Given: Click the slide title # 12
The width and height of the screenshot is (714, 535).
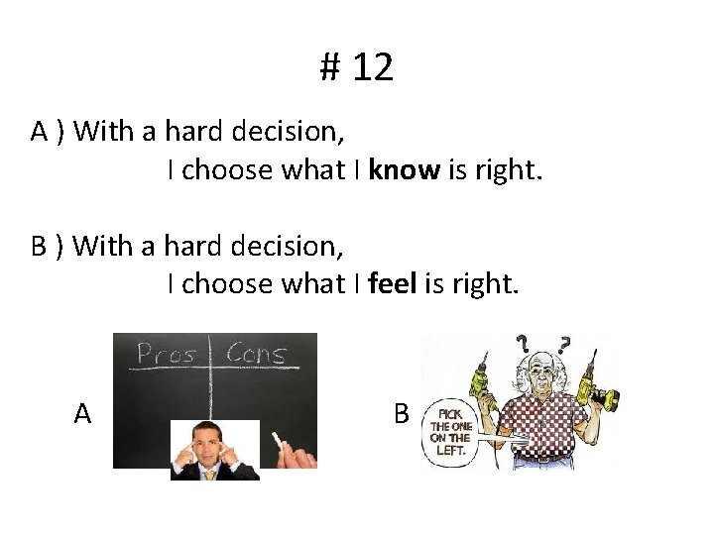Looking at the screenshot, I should [357, 67].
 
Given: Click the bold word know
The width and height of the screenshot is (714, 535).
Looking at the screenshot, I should [404, 171].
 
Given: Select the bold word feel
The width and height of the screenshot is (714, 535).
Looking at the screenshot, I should [393, 285].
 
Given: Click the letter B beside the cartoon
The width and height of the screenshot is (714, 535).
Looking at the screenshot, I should [401, 413].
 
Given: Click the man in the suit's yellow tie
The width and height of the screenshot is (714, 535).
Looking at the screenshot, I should [210, 473].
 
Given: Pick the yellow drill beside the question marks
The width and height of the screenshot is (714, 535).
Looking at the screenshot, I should [599, 391].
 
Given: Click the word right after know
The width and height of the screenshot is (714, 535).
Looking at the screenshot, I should [509, 171].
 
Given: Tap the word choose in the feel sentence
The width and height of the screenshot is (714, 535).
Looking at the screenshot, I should [230, 285].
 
